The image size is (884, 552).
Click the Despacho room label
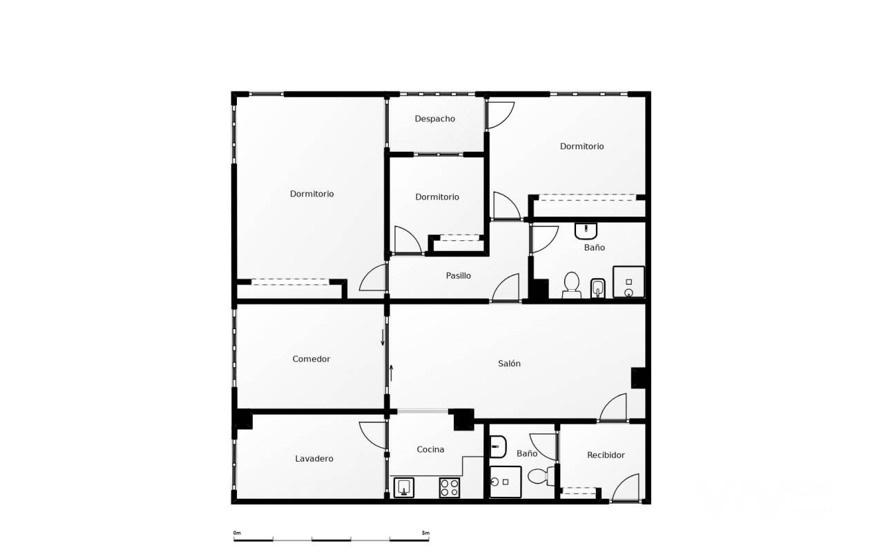[x=434, y=119]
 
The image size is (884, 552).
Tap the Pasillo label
[x=458, y=275]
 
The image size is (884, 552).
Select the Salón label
[x=509, y=364]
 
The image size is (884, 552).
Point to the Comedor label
[x=311, y=359]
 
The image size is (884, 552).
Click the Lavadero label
[x=314, y=459]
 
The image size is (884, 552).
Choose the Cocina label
[x=430, y=449]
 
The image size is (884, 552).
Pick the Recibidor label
[x=606, y=455]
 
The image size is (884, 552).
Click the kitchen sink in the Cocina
[x=404, y=487]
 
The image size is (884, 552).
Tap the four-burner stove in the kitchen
[x=450, y=487]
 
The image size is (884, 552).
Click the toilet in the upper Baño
[x=571, y=286]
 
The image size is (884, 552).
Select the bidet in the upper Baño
[x=598, y=288]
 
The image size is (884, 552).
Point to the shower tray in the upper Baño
[x=628, y=282]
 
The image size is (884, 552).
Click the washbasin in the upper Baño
[x=586, y=231]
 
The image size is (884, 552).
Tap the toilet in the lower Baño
[x=541, y=476]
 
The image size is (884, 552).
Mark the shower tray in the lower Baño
[x=506, y=482]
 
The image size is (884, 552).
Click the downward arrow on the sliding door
[x=383, y=337]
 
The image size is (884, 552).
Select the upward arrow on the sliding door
[x=391, y=373]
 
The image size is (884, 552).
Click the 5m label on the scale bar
[x=425, y=533]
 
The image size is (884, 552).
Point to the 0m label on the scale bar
[x=237, y=533]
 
